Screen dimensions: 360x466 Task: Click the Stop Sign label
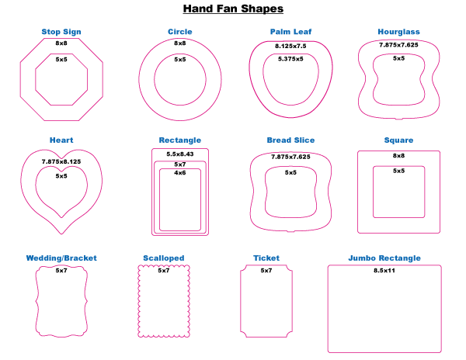pyautogui.click(x=61, y=33)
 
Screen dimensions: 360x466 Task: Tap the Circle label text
pyautogui.click(x=180, y=33)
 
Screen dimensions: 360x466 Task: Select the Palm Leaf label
pyautogui.click(x=290, y=33)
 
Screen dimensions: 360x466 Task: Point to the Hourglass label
pyautogui.click(x=399, y=33)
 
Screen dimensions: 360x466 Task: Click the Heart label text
pyautogui.click(x=61, y=140)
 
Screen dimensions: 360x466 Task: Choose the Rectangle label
pyautogui.click(x=180, y=140)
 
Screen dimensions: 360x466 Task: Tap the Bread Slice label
pyautogui.click(x=290, y=140)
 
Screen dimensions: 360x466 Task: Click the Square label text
pyautogui.click(x=399, y=140)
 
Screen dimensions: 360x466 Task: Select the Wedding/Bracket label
pyautogui.click(x=61, y=258)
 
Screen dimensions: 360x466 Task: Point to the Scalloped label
pyautogui.click(x=163, y=258)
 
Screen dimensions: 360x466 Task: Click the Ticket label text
pyautogui.click(x=266, y=258)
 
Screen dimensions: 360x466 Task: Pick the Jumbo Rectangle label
pyautogui.click(x=384, y=258)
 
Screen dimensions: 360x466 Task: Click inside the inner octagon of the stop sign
pyautogui.click(x=61, y=79)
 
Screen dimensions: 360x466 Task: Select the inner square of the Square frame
pyautogui.click(x=399, y=192)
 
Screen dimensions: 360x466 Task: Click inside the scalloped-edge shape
pyautogui.click(x=164, y=301)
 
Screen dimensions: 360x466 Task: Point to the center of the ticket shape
pyautogui.click(x=266, y=301)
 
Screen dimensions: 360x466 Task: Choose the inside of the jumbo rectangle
pyautogui.click(x=384, y=309)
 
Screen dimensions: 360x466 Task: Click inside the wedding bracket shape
pyautogui.click(x=61, y=301)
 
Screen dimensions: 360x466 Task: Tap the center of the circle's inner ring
pyautogui.click(x=180, y=79)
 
